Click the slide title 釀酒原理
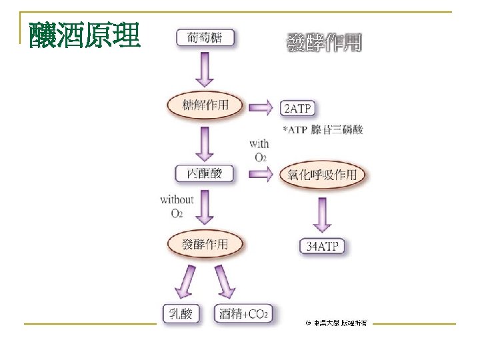click(84, 35)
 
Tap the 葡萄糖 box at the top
click(205, 37)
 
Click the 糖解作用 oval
click(205, 105)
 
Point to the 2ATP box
click(297, 108)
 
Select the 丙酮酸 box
click(205, 175)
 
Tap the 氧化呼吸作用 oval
click(323, 175)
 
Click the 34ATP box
click(322, 247)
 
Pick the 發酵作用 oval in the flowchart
click(205, 244)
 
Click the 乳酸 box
click(181, 313)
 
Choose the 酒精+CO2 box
click(243, 313)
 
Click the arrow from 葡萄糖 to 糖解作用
click(205, 69)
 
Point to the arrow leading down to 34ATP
click(323, 211)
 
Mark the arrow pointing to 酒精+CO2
click(224, 282)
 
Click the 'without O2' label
click(177, 206)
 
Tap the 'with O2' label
click(259, 150)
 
